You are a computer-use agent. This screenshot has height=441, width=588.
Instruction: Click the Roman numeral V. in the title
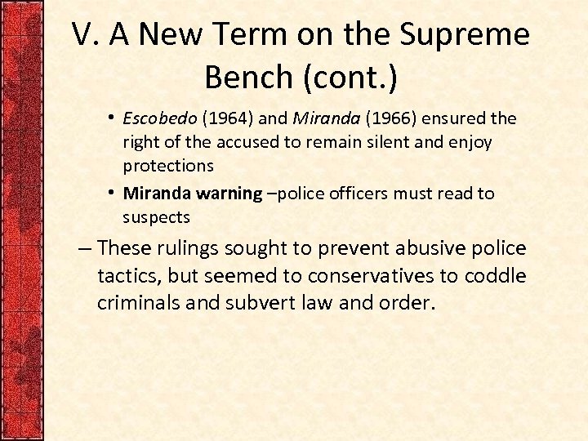(87, 35)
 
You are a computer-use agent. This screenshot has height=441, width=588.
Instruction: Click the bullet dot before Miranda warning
(111, 194)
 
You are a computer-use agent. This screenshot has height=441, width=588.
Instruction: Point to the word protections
(167, 166)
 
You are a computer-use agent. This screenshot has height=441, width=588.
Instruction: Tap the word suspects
(156, 217)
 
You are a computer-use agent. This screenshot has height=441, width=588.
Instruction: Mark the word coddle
(495, 276)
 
